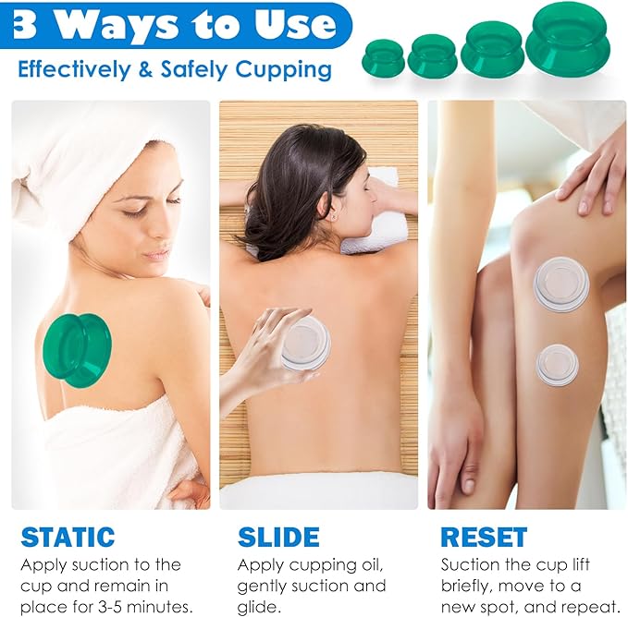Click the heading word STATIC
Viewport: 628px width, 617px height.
click(x=68, y=537)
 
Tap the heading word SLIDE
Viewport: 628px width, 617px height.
click(x=278, y=537)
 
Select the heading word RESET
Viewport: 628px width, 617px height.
click(x=484, y=537)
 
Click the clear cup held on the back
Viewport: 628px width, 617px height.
click(x=306, y=343)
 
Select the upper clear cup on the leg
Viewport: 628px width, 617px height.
click(x=560, y=284)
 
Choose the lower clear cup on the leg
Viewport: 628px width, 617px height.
click(x=557, y=364)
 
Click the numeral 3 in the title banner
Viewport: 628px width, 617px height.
click(x=25, y=25)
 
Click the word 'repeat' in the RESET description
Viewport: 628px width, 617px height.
click(x=584, y=606)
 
